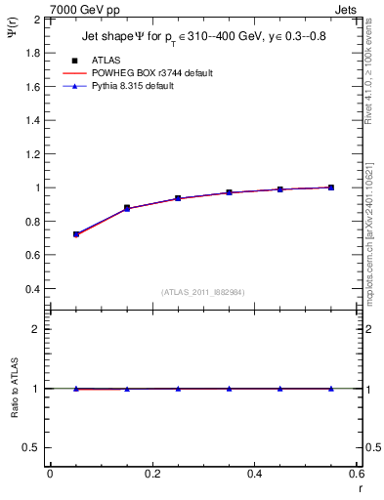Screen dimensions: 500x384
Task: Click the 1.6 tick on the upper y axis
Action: (31, 86)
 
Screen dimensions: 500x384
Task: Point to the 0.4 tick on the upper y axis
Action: (31, 289)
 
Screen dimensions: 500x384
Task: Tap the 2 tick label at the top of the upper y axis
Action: (36, 19)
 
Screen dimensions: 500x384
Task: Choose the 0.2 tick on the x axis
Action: (151, 475)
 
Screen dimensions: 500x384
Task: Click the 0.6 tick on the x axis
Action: (358, 475)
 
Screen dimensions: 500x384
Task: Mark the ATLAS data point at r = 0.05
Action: (75, 234)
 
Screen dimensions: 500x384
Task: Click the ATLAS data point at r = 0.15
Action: (127, 208)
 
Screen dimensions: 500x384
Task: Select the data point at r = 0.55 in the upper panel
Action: (331, 187)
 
